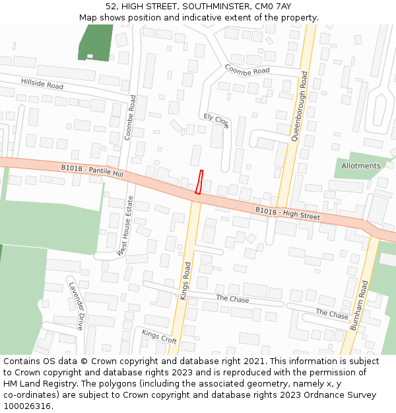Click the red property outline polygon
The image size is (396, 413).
coord(199,182)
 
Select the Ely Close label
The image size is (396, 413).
coord(216,120)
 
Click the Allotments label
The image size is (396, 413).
coord(361,166)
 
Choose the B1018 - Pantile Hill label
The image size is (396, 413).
coord(92,170)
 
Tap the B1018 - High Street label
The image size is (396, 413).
coord(288,213)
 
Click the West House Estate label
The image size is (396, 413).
coord(125,225)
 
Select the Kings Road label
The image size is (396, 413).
coord(186,281)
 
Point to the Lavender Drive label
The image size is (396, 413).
coord(77,306)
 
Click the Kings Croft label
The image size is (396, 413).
coord(159,336)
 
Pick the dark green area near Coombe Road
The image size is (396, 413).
coord(96,43)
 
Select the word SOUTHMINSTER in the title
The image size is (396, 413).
coord(208,6)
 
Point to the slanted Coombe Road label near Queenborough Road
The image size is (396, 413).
coord(247,70)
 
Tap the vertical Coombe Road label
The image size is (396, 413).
coord(131,118)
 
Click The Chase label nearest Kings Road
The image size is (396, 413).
coord(233,299)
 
